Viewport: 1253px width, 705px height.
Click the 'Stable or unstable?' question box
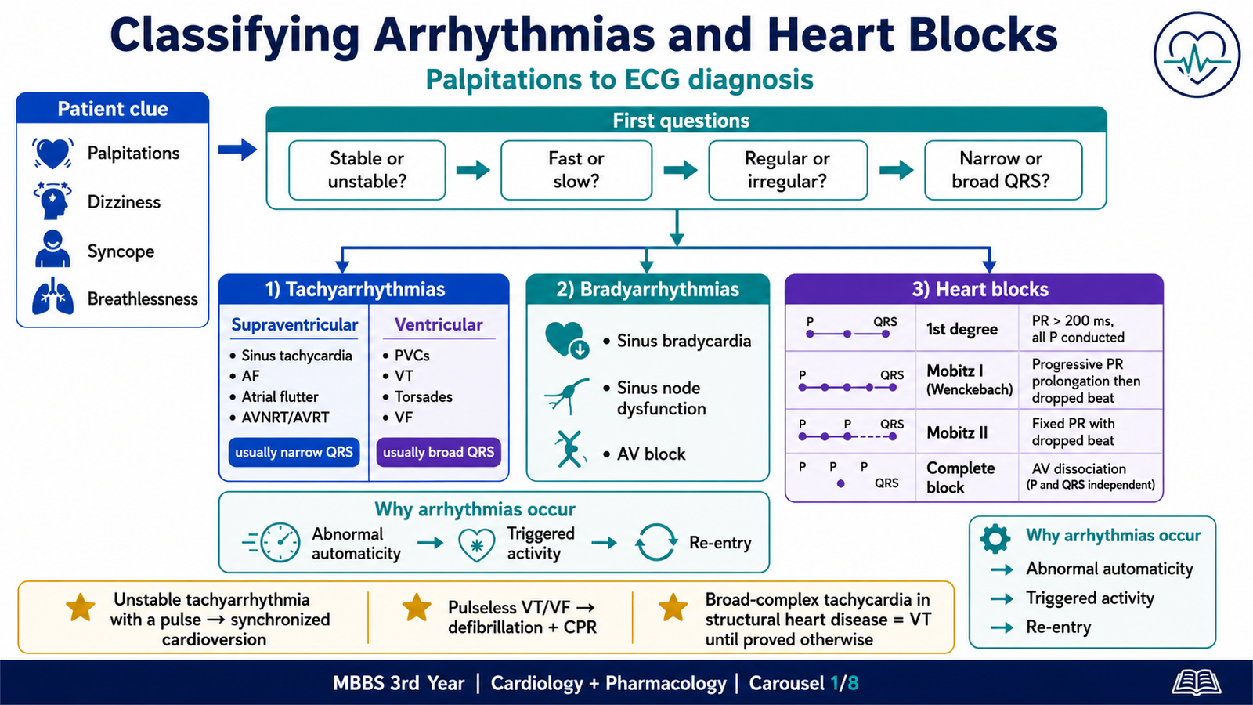[x=367, y=170]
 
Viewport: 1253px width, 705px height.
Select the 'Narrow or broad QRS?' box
[x=1003, y=170]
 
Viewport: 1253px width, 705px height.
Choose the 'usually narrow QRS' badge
[x=294, y=452]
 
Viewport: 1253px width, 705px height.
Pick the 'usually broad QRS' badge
[x=439, y=452]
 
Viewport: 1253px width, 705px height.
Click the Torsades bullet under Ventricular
[x=417, y=396]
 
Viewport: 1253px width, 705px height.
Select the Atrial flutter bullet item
[x=274, y=396]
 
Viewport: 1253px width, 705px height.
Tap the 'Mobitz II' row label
[x=957, y=432]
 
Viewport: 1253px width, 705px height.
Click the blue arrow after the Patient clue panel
[x=237, y=150]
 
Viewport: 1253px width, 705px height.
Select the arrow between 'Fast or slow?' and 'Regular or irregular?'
[x=681, y=170]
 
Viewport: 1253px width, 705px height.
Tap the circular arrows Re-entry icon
[x=656, y=542]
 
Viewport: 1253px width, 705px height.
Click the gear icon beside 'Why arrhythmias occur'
[x=995, y=539]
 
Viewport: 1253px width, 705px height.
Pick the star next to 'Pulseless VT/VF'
[x=417, y=608]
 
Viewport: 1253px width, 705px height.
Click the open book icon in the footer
[x=1197, y=683]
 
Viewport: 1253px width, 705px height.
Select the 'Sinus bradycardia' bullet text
[x=684, y=341]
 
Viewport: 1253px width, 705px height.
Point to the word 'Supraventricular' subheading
[x=294, y=324]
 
